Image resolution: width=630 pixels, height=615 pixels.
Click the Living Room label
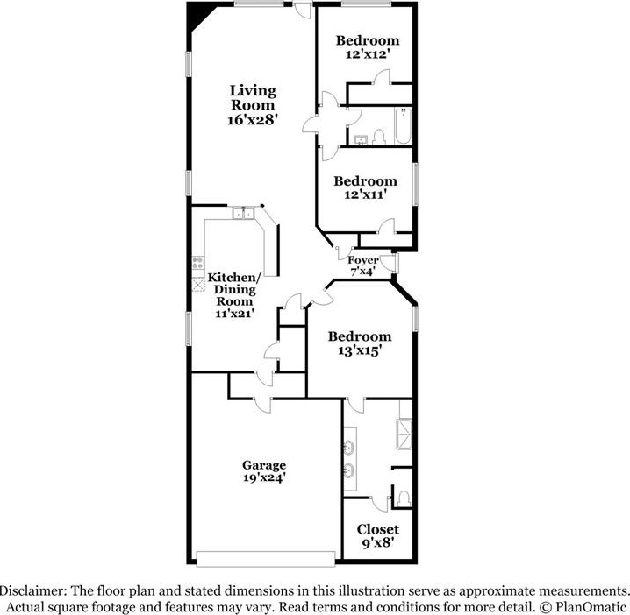[253, 98]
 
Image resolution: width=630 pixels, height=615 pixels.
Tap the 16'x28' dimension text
[253, 119]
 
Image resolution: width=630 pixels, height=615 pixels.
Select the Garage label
[264, 465]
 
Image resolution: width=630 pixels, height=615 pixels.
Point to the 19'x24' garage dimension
[264, 477]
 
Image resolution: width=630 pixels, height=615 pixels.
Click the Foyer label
[362, 260]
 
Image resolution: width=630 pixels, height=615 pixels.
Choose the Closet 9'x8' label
[377, 536]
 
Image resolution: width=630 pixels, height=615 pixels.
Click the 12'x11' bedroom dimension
[365, 194]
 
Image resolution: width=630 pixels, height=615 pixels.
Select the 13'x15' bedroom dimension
[359, 350]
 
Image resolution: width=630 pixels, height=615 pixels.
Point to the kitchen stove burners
[197, 263]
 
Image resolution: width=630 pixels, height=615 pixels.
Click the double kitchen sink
[243, 213]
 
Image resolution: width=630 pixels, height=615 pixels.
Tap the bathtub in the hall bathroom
[403, 126]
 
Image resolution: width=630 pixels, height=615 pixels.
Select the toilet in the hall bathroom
[379, 138]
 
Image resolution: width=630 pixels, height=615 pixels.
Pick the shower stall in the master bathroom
[404, 435]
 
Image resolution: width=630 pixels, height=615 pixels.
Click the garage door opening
[266, 559]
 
